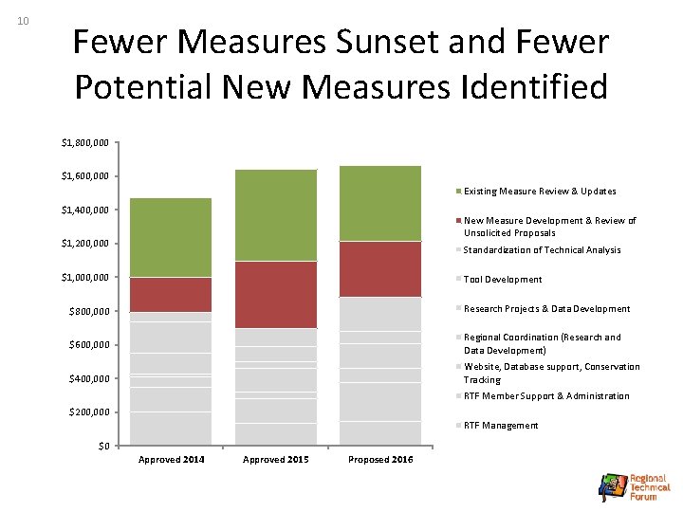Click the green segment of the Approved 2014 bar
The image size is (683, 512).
(x=171, y=237)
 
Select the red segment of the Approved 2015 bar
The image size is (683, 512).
(x=275, y=294)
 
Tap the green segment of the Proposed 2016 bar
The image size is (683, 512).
(x=380, y=203)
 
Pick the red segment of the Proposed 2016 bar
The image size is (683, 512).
(x=380, y=268)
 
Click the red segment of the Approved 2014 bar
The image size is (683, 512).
(x=171, y=294)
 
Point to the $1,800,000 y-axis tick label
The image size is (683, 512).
(x=85, y=143)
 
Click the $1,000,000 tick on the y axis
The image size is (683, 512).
(x=85, y=278)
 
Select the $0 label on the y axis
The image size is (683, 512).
(x=104, y=446)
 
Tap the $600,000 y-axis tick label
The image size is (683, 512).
(x=88, y=345)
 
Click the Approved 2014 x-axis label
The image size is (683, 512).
(x=171, y=460)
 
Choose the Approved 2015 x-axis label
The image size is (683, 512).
(x=275, y=460)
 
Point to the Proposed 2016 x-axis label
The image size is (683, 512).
(x=380, y=460)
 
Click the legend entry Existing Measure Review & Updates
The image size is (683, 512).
(x=540, y=192)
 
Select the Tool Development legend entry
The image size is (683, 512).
(x=503, y=280)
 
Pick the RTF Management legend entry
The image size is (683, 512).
(x=500, y=426)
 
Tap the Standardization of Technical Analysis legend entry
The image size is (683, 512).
(x=542, y=250)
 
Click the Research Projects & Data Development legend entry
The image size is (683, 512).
(x=546, y=309)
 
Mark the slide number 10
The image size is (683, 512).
(x=24, y=21)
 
